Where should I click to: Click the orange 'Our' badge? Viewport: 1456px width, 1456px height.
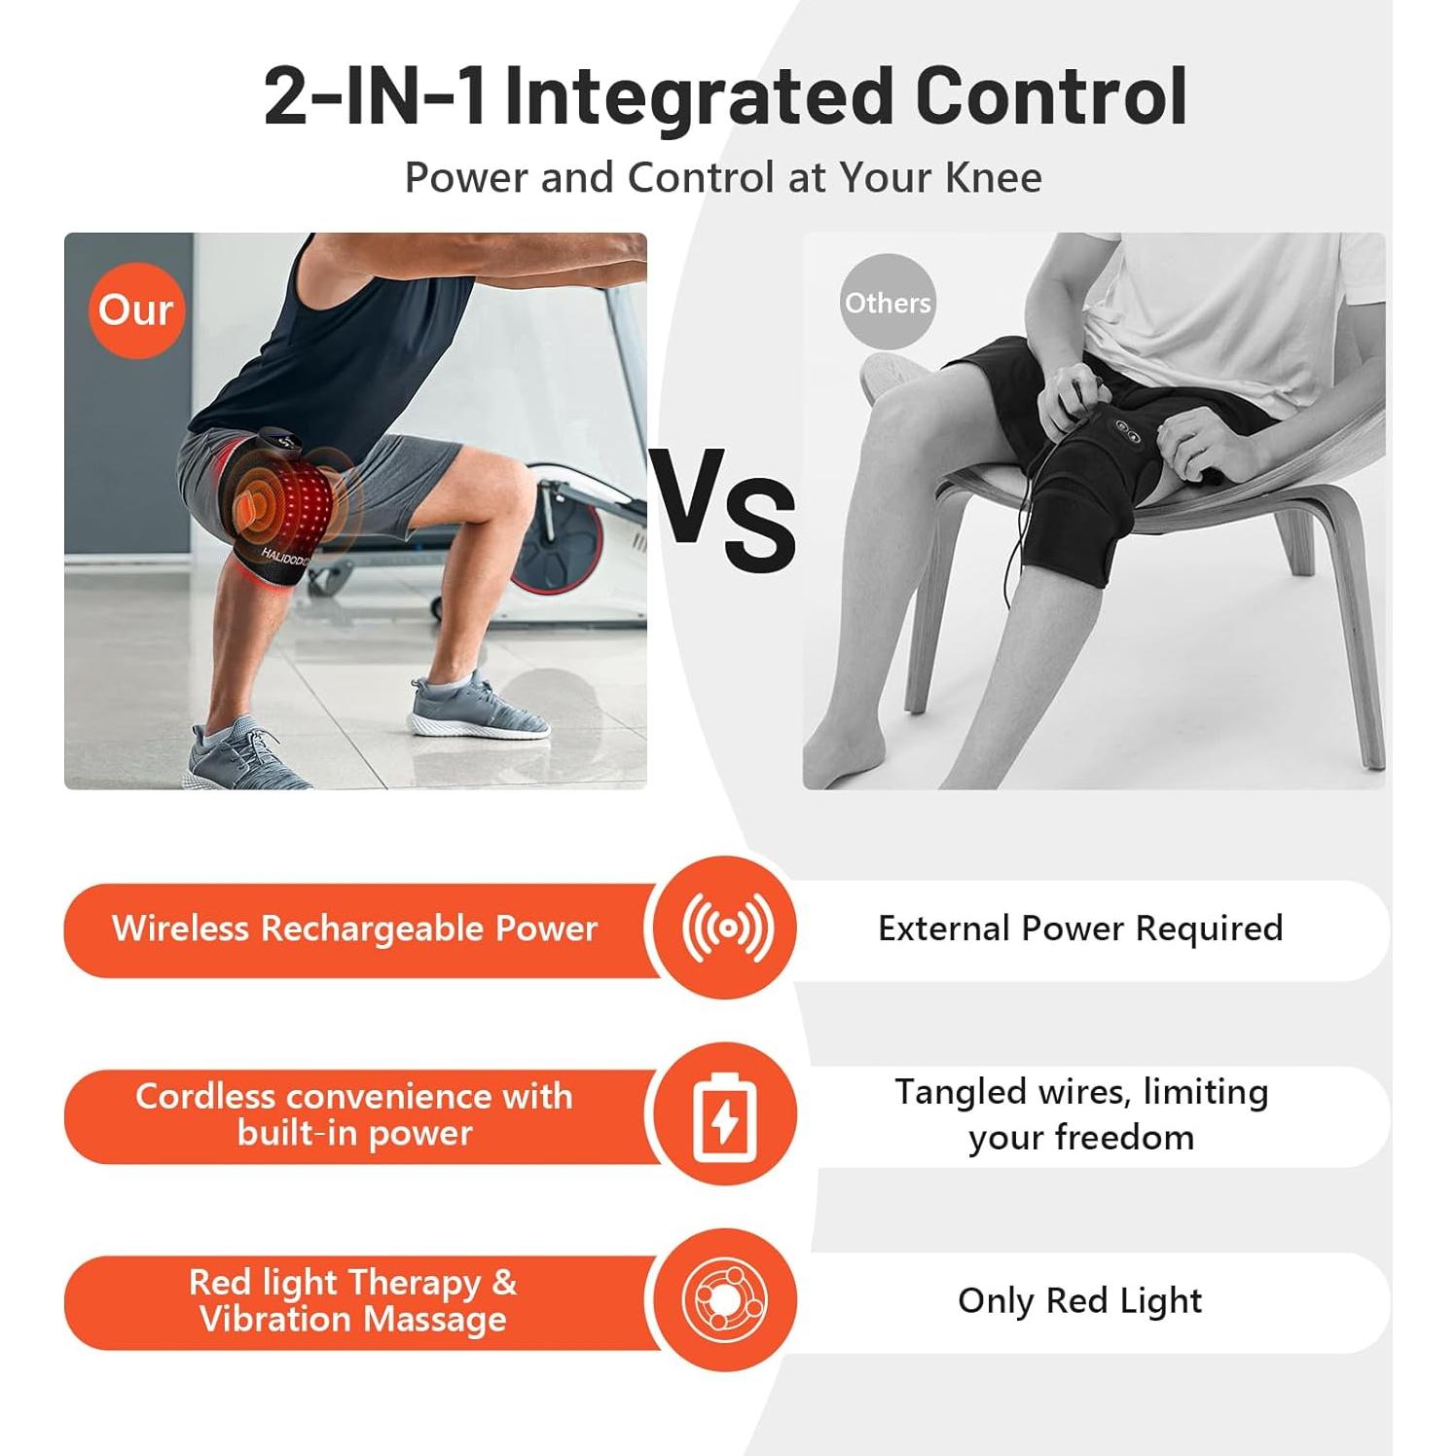click(x=136, y=310)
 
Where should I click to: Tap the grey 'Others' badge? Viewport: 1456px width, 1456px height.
click(x=887, y=302)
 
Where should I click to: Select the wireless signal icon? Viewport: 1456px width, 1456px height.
click(x=727, y=928)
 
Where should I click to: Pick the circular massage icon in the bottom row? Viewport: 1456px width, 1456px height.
click(x=725, y=1300)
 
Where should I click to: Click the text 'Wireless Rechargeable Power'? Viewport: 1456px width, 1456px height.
click(x=354, y=928)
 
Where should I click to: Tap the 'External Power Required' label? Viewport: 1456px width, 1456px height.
click(x=1080, y=928)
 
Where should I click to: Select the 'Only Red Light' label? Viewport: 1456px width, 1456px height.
click(x=1080, y=1301)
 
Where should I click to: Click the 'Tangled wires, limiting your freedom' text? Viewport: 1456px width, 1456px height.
click(x=1081, y=1114)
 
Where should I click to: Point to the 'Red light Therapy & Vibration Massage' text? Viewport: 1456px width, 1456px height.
click(x=353, y=1300)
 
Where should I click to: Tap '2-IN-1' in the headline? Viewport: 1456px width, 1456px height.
click(x=375, y=96)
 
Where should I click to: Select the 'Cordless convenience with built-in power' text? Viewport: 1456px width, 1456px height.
click(x=354, y=1114)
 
